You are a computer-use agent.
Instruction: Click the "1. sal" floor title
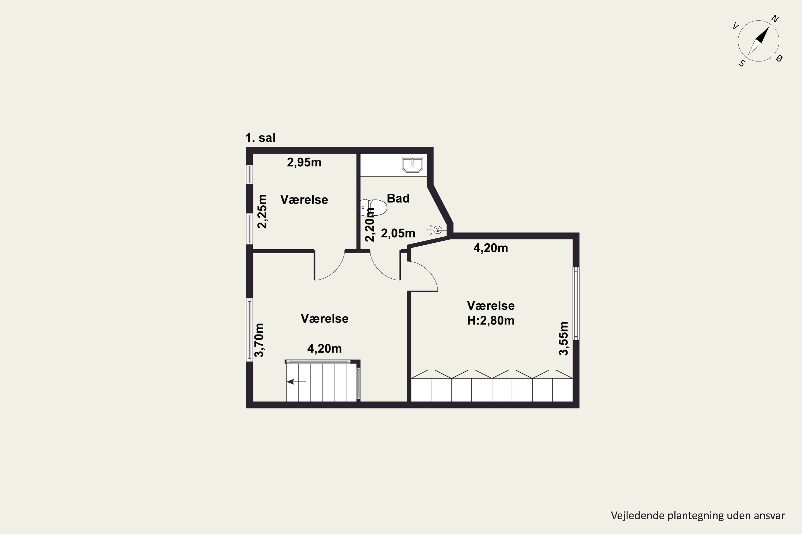260,138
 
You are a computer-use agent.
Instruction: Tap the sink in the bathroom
412,165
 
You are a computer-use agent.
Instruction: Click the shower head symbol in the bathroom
437,230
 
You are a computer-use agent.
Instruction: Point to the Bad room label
398,198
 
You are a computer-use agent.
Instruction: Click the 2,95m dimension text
304,163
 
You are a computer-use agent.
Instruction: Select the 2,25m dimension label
262,211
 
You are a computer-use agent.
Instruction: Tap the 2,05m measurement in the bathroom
398,233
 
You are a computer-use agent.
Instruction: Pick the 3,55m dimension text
563,338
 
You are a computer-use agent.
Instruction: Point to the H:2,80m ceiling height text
491,321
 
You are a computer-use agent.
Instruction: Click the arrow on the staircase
296,381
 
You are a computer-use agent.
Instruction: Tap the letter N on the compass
775,19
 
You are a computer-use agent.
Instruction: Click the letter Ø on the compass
779,58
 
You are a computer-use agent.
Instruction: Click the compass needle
758,41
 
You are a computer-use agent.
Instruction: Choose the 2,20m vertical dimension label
370,224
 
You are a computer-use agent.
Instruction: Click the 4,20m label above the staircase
324,348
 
